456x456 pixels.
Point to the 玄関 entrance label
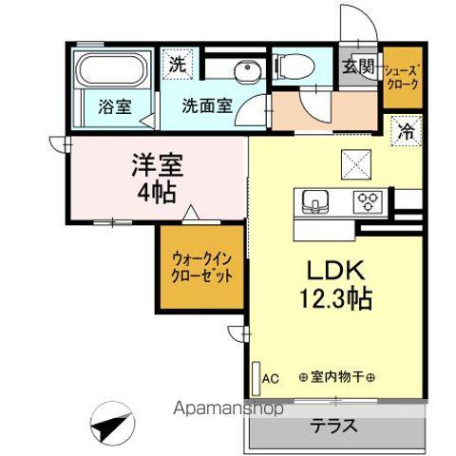(x=358, y=67)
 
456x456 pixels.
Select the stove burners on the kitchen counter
(x=368, y=200)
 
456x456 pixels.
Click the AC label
(x=270, y=378)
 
